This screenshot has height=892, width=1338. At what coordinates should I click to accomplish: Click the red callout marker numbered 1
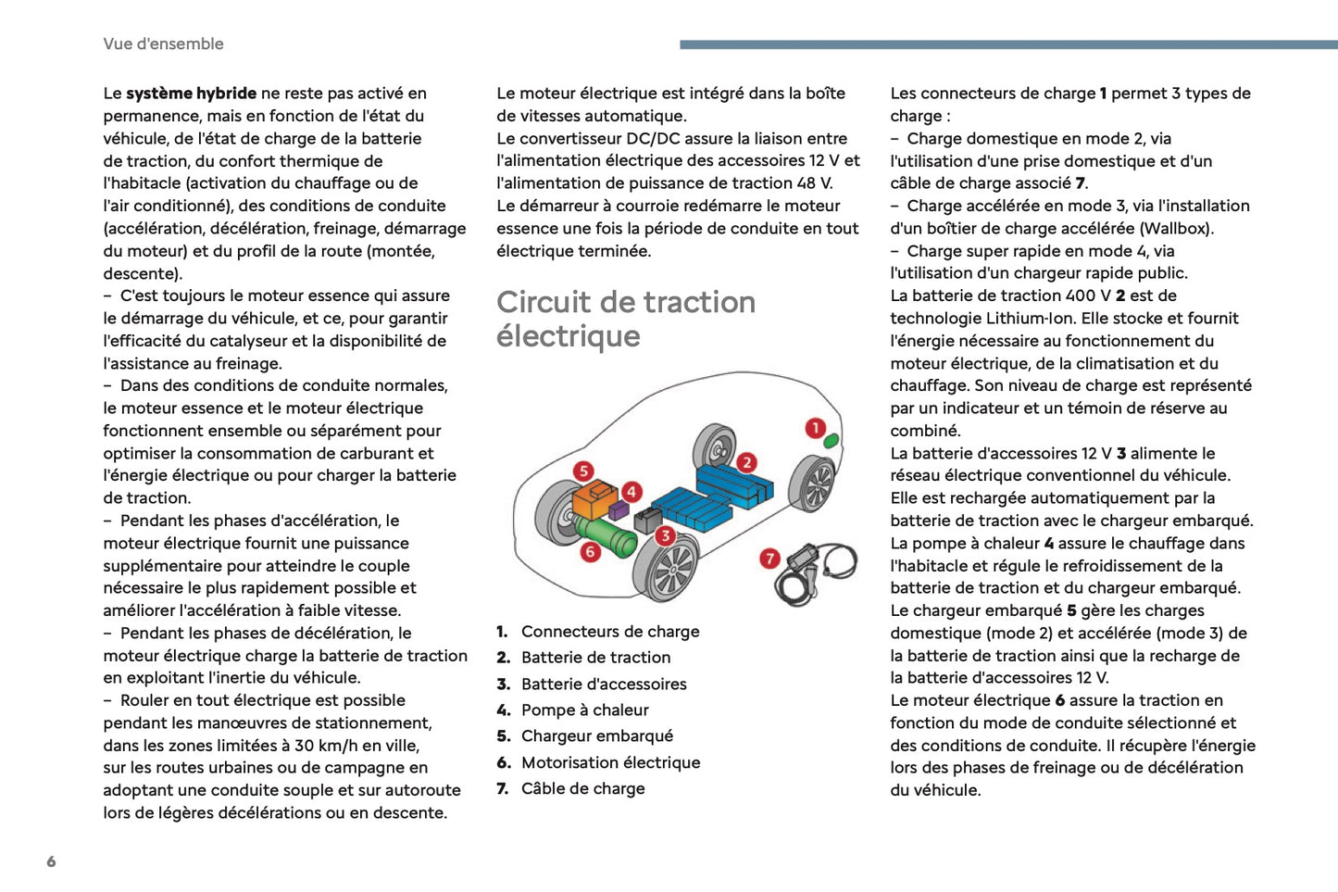pos(815,428)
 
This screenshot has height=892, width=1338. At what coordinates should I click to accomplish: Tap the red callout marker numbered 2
pos(746,462)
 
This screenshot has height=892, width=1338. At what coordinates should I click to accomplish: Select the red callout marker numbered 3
pos(665,535)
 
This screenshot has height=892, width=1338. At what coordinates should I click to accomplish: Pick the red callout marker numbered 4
pos(631,491)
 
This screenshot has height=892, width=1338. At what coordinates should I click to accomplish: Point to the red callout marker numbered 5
pos(583,471)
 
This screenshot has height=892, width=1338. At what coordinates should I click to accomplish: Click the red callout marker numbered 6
pos(590,552)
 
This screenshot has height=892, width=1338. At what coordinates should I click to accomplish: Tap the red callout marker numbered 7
pos(769,559)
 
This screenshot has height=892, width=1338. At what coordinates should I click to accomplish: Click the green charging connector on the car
pos(832,441)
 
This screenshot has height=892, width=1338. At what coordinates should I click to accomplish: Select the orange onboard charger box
pos(593,500)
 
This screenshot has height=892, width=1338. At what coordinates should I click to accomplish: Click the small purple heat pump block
pos(619,509)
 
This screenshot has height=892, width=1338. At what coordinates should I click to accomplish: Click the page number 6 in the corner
pos(51,861)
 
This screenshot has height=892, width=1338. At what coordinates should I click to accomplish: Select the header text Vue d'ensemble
pos(163,44)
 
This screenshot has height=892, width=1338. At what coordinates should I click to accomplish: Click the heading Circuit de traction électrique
pos(626,319)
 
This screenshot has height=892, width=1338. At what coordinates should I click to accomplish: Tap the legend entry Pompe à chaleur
pos(584,710)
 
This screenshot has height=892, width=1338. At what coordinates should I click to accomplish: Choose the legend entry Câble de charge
pos(582,788)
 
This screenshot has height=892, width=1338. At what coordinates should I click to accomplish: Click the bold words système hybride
pos(192,93)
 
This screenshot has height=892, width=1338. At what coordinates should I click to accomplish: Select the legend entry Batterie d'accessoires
pos(604,684)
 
